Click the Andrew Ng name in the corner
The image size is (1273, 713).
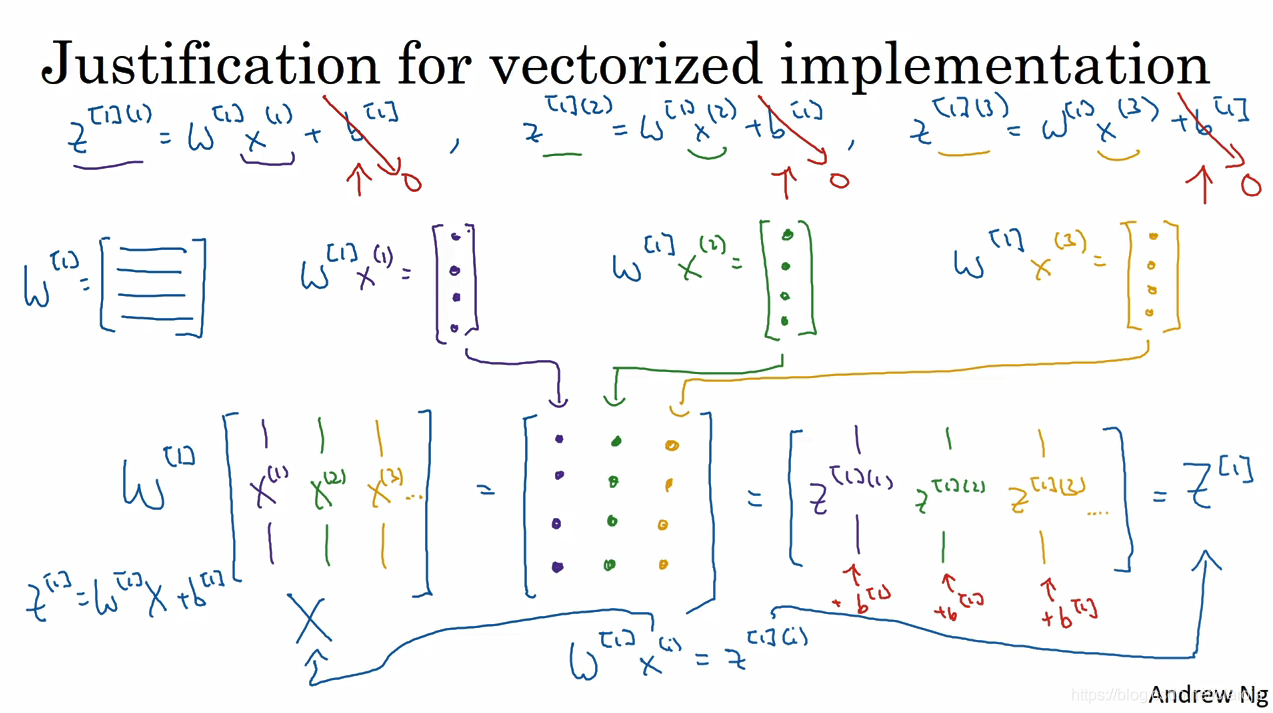click(x=1207, y=693)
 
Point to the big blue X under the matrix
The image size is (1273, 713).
click(x=311, y=620)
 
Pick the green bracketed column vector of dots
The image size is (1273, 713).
click(x=785, y=279)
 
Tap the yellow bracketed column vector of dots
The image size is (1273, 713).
click(x=1152, y=277)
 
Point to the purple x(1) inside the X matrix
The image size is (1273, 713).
click(x=268, y=491)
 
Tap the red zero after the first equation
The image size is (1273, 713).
click(x=410, y=181)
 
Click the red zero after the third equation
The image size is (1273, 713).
click(x=1250, y=184)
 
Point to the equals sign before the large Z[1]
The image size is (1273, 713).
click(x=1159, y=493)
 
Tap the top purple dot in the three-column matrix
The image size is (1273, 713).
click(x=558, y=438)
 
